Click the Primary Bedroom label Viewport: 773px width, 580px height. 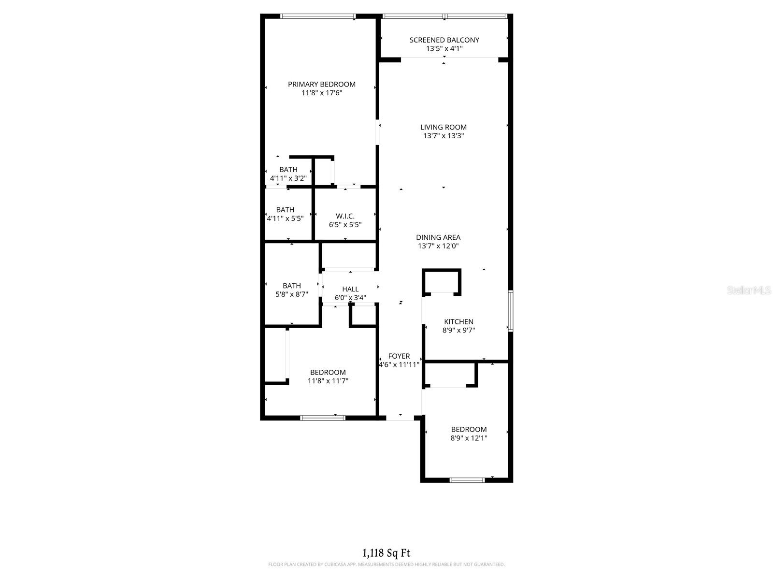[x=322, y=84]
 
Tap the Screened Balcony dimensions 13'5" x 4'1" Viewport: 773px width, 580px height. [x=444, y=49]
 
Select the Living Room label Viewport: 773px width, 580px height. [x=444, y=127]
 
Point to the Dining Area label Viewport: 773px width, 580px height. [x=438, y=237]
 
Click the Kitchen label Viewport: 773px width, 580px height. [x=458, y=322]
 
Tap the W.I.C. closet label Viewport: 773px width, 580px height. [x=345, y=216]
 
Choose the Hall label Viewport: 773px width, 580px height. [x=350, y=290]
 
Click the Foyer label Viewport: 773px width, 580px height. [x=399, y=356]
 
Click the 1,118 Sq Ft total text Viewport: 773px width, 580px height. [x=386, y=553]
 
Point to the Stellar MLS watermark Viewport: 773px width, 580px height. [x=748, y=290]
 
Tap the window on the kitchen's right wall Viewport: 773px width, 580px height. [x=511, y=311]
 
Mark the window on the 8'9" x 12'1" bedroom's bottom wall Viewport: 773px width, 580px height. [x=467, y=480]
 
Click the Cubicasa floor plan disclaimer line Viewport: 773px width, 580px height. [x=386, y=565]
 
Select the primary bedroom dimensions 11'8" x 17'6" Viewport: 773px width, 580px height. [x=322, y=93]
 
